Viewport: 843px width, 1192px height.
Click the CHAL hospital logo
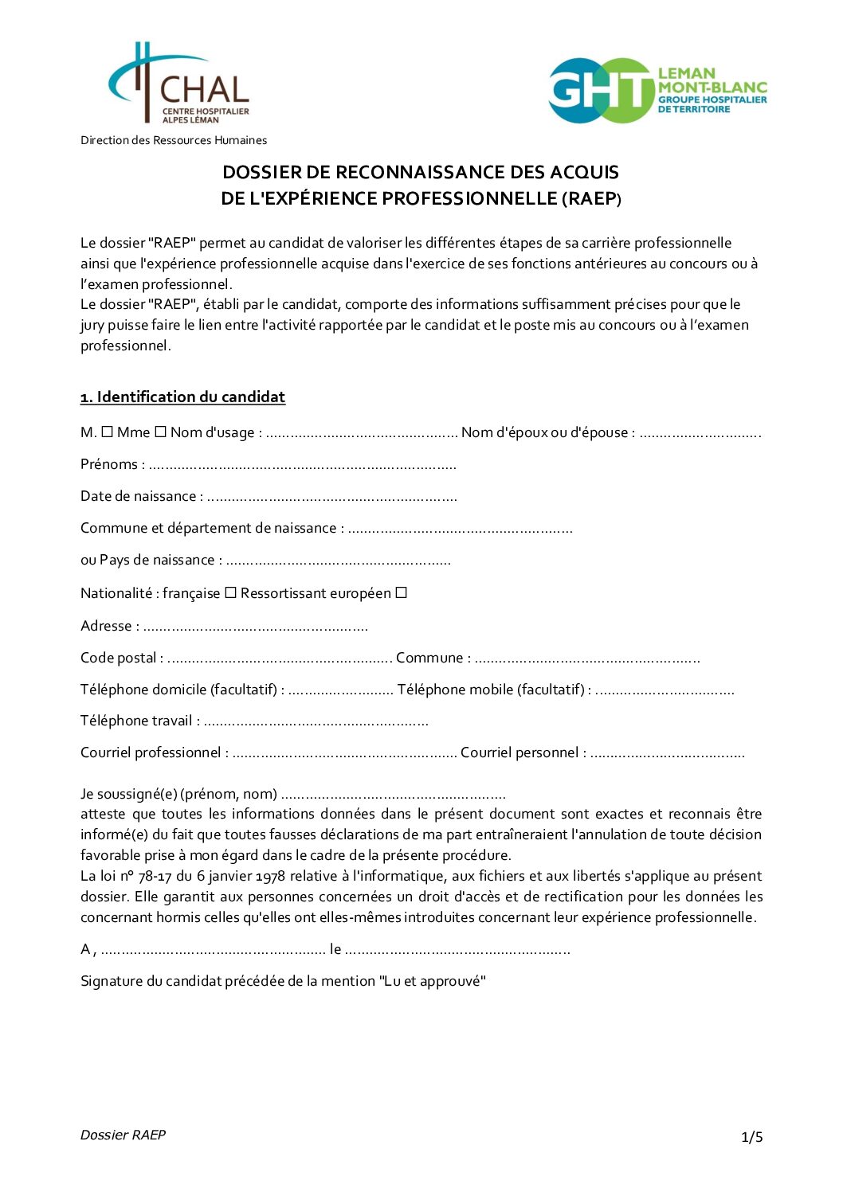179,84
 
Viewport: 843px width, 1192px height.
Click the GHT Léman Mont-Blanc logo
657,90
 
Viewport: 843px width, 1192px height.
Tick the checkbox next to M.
108,432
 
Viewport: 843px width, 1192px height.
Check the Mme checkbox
160,432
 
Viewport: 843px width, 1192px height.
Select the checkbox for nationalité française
230,593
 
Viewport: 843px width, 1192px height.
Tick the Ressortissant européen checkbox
402,593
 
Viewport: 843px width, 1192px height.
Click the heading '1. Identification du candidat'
182,397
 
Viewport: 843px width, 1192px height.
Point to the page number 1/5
751,1137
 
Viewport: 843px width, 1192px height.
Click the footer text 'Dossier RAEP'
123,1135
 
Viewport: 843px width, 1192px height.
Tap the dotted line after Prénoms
303,466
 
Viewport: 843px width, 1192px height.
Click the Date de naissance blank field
331,498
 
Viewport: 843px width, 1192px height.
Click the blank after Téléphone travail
316,722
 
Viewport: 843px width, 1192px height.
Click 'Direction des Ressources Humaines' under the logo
174,140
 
